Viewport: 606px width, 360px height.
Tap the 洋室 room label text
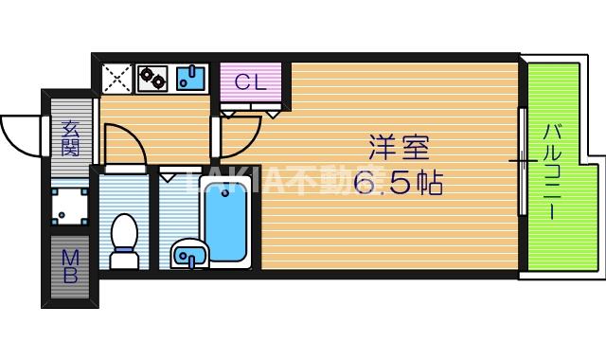[x=399, y=149]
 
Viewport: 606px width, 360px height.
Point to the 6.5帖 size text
[x=399, y=184]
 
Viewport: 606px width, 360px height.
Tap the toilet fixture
[x=124, y=242]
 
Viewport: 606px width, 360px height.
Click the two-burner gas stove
[x=152, y=78]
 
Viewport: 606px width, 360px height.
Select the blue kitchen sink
[x=191, y=78]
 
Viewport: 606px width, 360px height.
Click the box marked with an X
[x=116, y=78]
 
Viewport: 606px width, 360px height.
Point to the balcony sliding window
[x=522, y=161]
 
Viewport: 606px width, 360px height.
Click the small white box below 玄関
[x=70, y=205]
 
